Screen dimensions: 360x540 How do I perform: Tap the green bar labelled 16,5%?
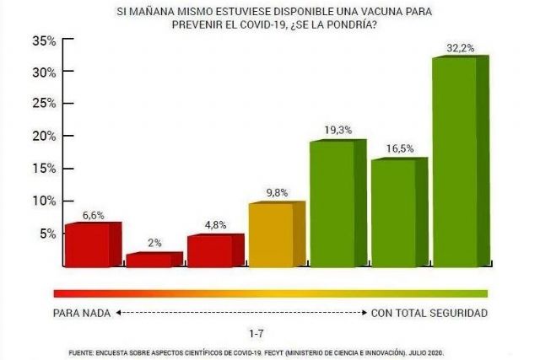(x=393, y=213)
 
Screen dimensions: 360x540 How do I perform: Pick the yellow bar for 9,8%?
(x=270, y=235)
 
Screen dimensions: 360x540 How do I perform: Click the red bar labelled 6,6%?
(x=87, y=245)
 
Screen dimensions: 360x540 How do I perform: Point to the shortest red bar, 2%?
(x=148, y=261)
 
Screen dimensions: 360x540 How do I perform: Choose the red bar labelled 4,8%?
(x=208, y=251)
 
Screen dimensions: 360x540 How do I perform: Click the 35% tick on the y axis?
(x=44, y=40)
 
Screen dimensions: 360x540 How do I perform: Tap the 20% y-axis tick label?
(x=44, y=137)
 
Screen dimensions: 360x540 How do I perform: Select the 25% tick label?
(x=44, y=105)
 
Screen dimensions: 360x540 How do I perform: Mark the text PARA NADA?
(x=82, y=313)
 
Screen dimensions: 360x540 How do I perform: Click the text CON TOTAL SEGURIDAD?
(x=429, y=313)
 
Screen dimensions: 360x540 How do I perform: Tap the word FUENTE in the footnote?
(x=81, y=351)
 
